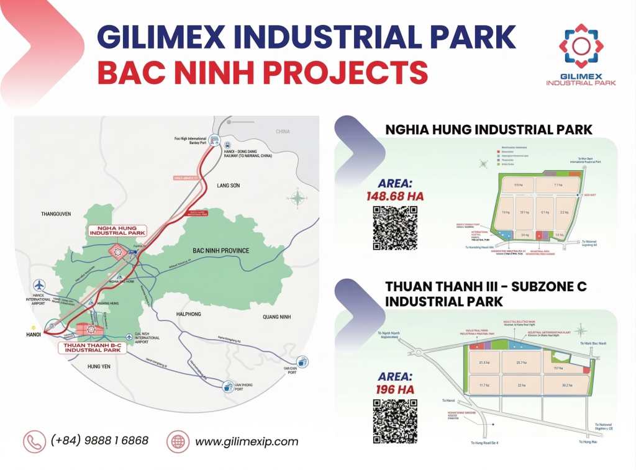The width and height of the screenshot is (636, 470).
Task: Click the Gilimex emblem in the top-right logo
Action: coord(581,47)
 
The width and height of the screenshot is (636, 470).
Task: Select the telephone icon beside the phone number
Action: coord(35,441)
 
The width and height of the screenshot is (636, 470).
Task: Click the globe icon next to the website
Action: coord(178,441)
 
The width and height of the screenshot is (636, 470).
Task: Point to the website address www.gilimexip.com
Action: coord(247,442)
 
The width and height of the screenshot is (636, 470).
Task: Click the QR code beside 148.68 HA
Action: coord(395,228)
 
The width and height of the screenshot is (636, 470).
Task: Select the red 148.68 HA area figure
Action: coord(395,196)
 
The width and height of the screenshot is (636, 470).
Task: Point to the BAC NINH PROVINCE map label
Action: coord(220,251)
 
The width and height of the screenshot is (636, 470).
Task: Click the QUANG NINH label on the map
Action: coord(276,317)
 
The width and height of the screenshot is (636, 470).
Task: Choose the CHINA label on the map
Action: coord(283,132)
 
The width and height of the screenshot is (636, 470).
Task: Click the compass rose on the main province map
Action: coord(298,199)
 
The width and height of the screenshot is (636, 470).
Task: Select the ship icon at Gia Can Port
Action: coord(302,361)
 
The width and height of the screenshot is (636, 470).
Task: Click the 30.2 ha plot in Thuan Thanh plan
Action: coord(566,385)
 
